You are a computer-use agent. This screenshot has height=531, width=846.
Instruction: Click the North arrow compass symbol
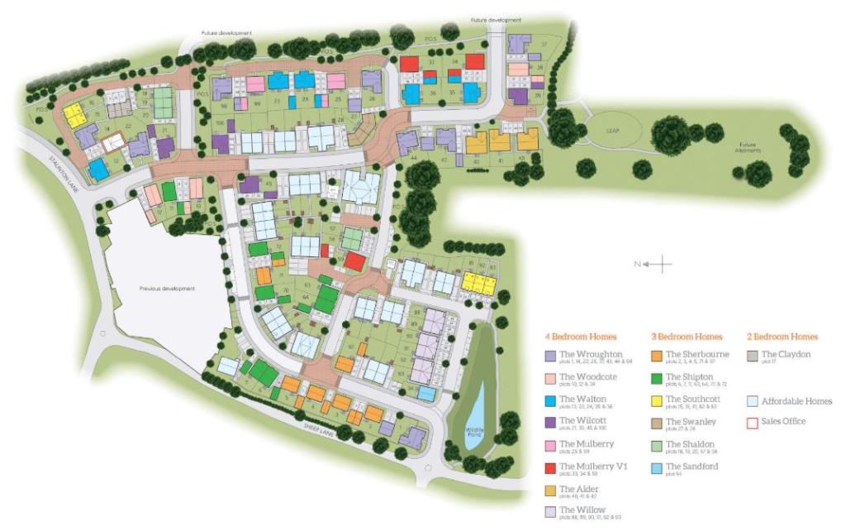pos(658,265)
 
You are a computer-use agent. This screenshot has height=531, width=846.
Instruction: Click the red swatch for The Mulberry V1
pos(549,467)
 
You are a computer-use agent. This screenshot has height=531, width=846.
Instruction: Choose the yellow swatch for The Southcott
pos(656,400)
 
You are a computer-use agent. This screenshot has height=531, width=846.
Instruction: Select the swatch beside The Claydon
pos(752,356)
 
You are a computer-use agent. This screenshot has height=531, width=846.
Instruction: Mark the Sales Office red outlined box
pos(752,423)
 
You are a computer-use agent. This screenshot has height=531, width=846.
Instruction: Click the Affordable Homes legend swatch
pos(752,401)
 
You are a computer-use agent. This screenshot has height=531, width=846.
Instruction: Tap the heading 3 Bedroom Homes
pos(686,337)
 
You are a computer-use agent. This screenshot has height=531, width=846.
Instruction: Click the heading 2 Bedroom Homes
pos(782,337)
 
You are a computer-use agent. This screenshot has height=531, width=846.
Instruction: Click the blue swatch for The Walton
pos(549,400)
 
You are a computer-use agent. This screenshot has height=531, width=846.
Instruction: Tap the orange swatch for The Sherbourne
pos(656,356)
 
